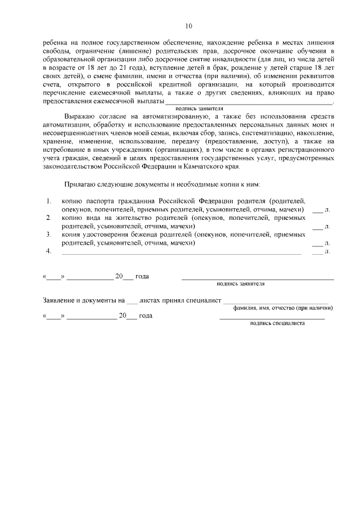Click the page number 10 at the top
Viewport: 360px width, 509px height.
(x=188, y=26)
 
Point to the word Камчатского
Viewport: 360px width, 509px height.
(x=209, y=166)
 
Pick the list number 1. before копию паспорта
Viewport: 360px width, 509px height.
(x=49, y=201)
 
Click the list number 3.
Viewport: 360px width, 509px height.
(x=49, y=234)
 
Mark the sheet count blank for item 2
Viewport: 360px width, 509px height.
(x=318, y=227)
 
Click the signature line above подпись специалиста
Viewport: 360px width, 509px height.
(x=272, y=318)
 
